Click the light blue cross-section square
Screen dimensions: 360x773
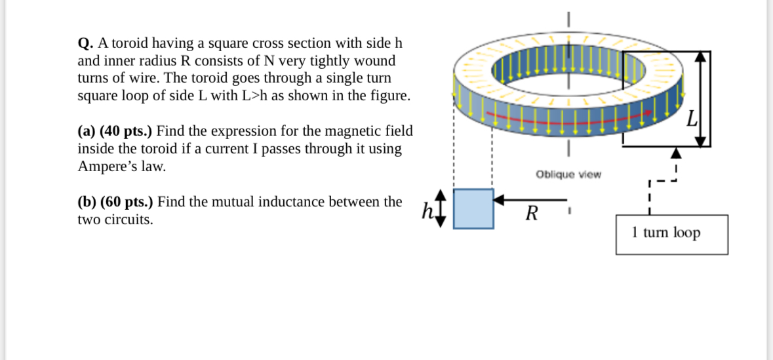473,209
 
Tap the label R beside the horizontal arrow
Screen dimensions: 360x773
532,213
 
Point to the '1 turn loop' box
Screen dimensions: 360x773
671,234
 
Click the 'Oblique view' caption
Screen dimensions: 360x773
568,174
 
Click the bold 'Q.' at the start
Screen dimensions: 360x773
85,44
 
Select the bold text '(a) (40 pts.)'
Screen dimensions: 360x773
115,130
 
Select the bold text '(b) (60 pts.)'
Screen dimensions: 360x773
115,202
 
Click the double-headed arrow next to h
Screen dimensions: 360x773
441,209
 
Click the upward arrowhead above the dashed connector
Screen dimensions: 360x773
675,154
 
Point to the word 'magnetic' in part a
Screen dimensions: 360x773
328,130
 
